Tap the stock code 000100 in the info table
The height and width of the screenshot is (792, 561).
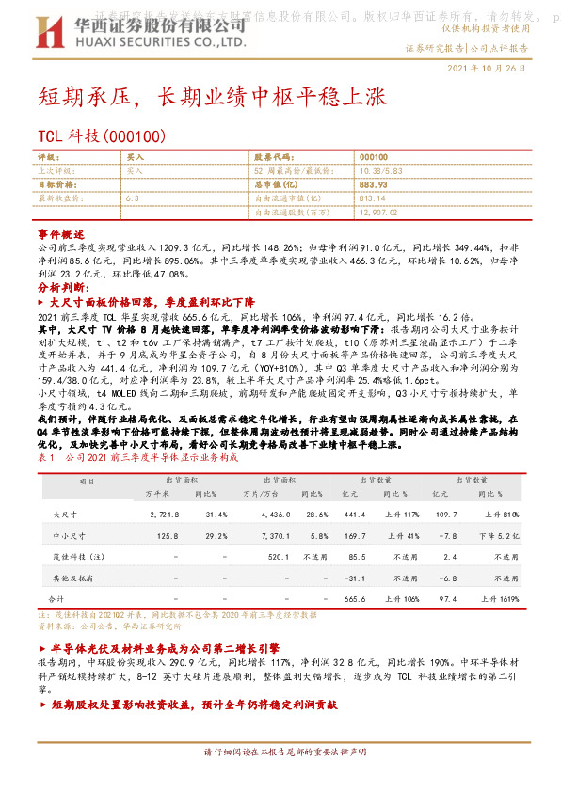(374, 157)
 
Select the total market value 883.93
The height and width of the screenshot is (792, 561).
(374, 185)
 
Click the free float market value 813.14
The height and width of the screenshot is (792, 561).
(373, 199)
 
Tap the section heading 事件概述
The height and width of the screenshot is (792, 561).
(61, 231)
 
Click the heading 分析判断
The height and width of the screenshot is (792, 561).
(62, 286)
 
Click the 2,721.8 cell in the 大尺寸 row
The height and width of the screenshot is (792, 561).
(165, 515)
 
